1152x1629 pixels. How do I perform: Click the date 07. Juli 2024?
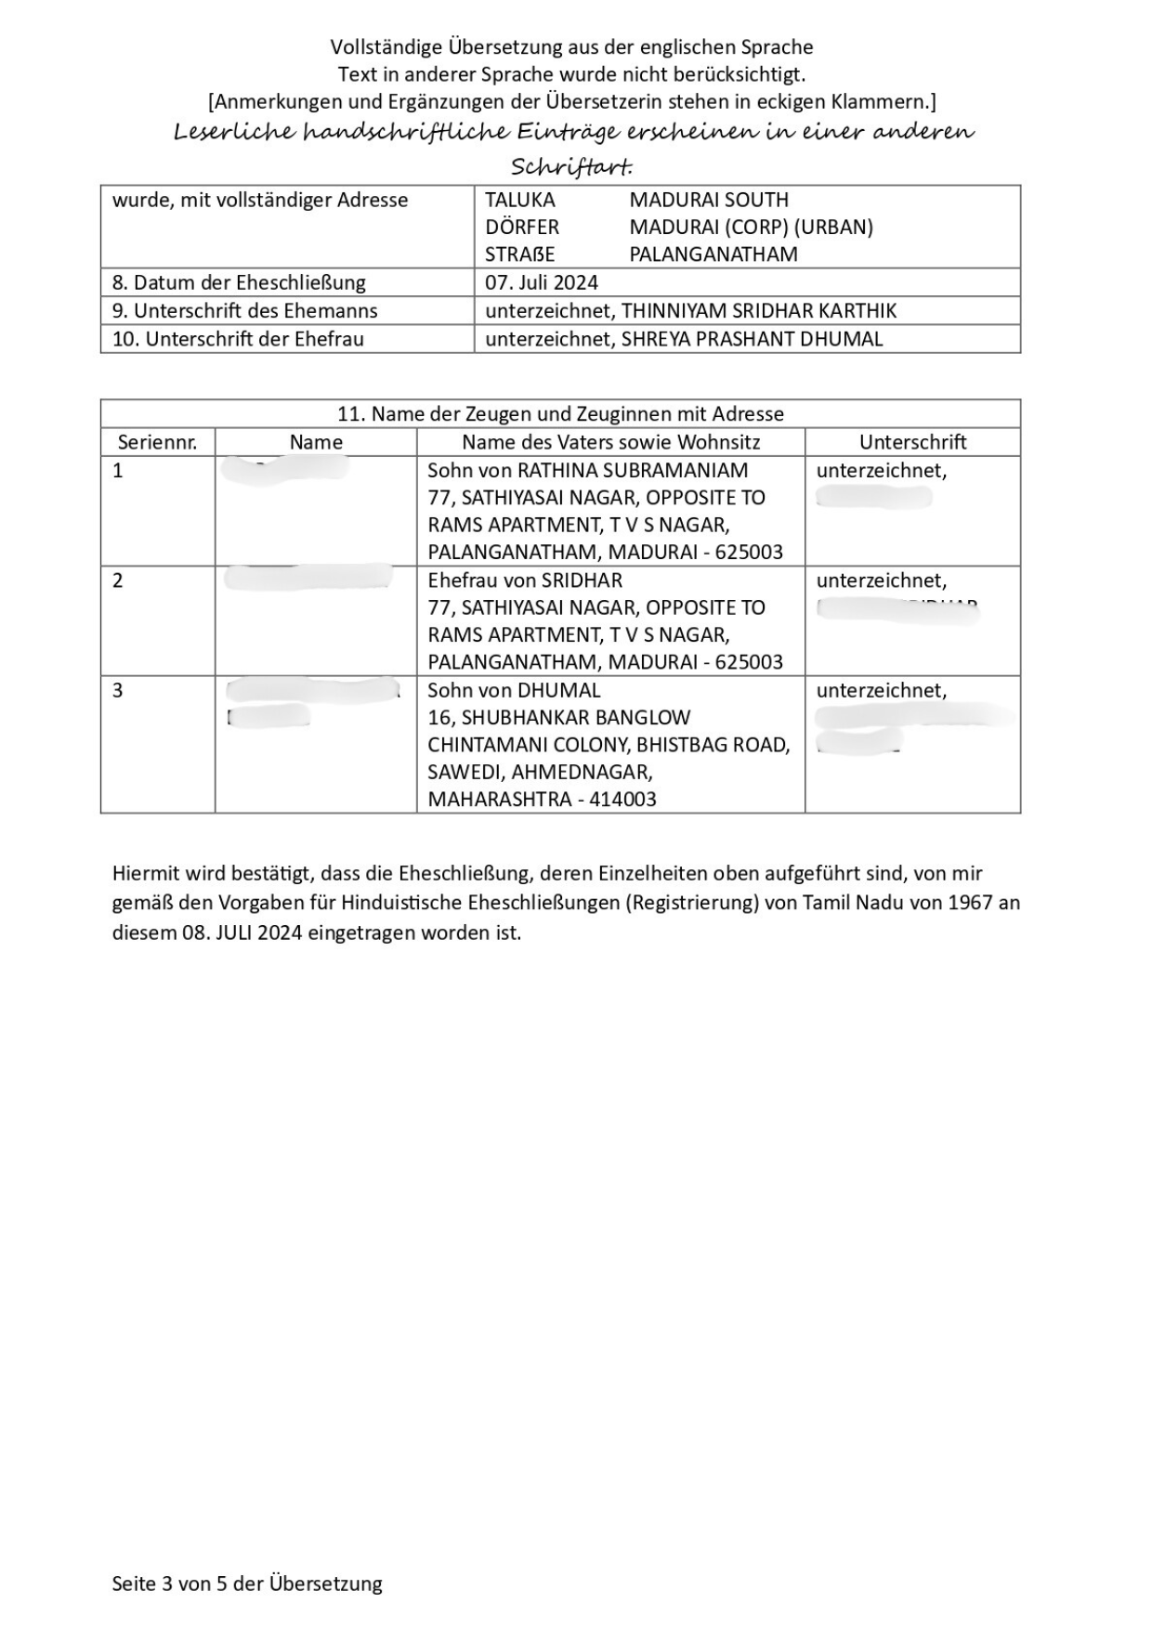click(541, 282)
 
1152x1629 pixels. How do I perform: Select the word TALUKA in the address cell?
click(519, 200)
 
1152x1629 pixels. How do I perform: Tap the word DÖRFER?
click(521, 227)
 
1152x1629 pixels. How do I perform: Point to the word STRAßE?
click(519, 254)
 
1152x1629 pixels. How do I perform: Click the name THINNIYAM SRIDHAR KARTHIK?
click(758, 310)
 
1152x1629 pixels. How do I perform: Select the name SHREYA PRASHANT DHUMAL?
click(752, 338)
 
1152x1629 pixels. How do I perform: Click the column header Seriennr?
click(157, 442)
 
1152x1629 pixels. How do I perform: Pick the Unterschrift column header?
click(912, 442)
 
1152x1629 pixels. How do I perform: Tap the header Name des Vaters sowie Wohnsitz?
click(610, 442)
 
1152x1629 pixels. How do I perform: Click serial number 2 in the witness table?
click(118, 580)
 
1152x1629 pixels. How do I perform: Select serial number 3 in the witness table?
click(118, 690)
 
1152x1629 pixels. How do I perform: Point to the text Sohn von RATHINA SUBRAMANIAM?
click(587, 470)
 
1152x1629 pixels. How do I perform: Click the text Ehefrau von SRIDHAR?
click(525, 580)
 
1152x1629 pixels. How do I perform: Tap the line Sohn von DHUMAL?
click(514, 690)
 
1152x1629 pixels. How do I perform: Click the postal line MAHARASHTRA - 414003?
click(542, 799)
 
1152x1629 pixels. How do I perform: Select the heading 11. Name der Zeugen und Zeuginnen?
click(560, 413)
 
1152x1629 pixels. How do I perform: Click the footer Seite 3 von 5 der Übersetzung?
click(247, 1583)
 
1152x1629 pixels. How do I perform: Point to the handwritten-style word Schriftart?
click(570, 166)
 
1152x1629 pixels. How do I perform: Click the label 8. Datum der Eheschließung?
click(239, 282)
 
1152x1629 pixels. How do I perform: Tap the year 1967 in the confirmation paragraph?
click(970, 902)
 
